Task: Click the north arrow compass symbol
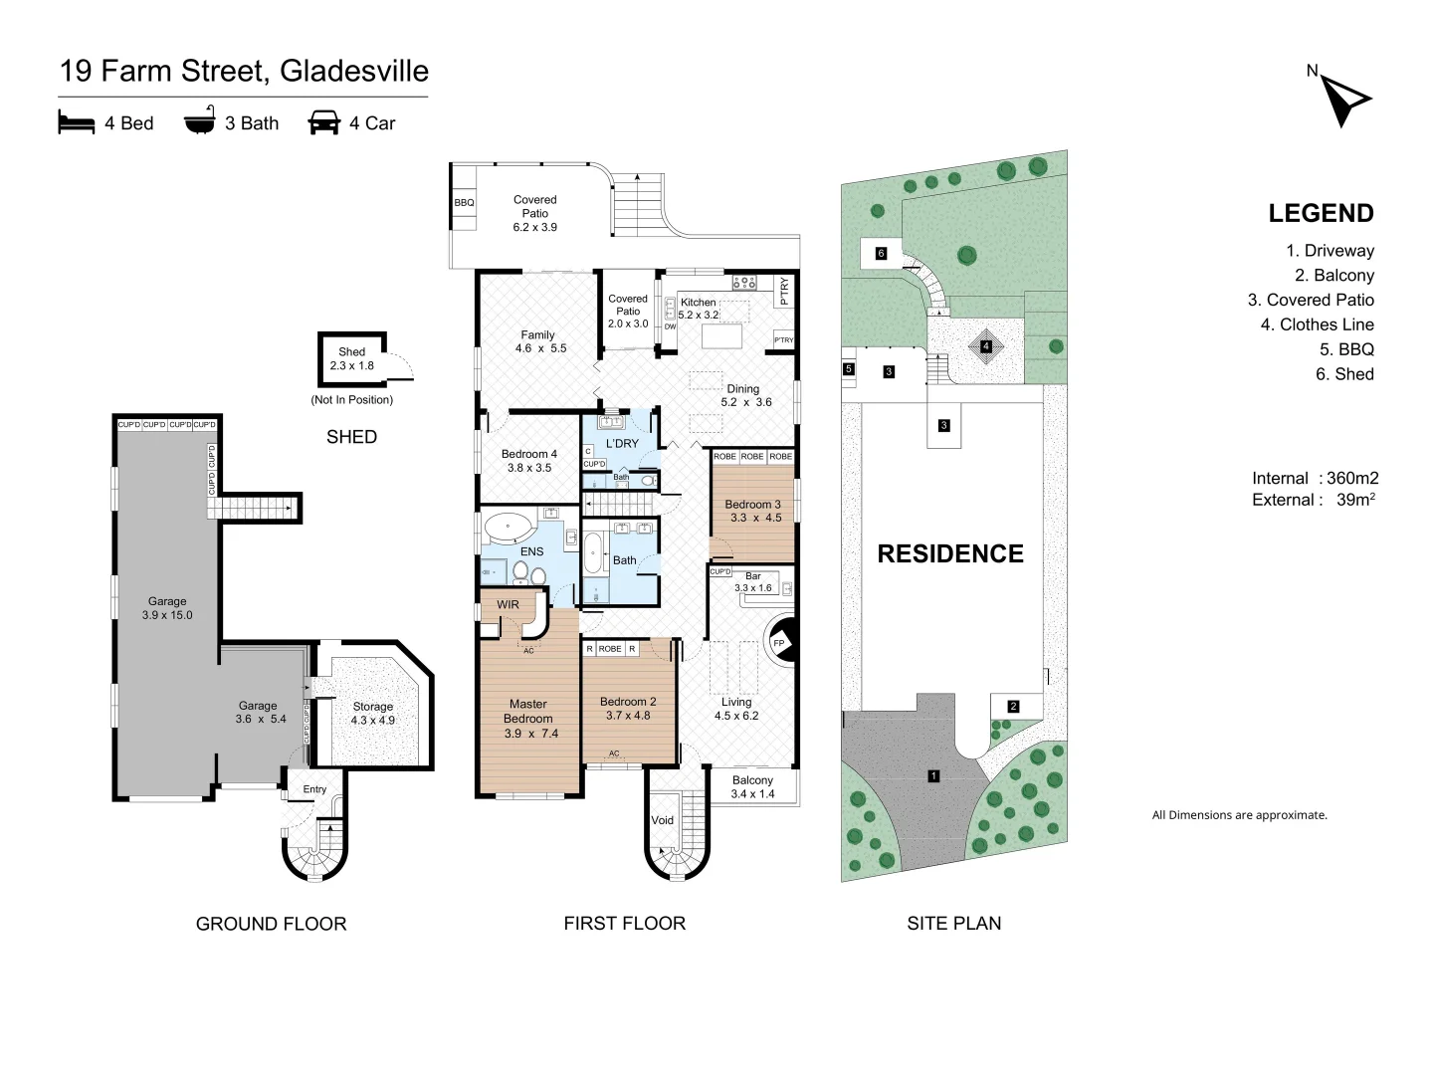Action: (x=1343, y=101)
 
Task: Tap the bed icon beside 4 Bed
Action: (x=77, y=122)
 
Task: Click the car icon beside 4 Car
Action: (x=323, y=122)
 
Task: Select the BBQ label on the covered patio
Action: (x=464, y=203)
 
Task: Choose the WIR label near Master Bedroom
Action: (x=508, y=604)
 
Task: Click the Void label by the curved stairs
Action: (x=662, y=820)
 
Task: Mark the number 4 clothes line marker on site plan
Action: (x=986, y=346)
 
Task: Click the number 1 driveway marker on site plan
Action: (x=933, y=776)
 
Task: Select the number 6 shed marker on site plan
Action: (x=882, y=253)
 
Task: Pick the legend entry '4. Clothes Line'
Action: (x=1317, y=324)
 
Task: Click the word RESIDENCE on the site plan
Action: (x=950, y=554)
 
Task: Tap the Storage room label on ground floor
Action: (x=373, y=707)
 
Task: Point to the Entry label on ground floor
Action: (x=314, y=789)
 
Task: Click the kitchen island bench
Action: (x=722, y=336)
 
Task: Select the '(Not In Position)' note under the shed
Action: (x=352, y=399)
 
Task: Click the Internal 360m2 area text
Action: (x=1315, y=479)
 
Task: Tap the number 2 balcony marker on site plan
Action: (x=1013, y=707)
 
